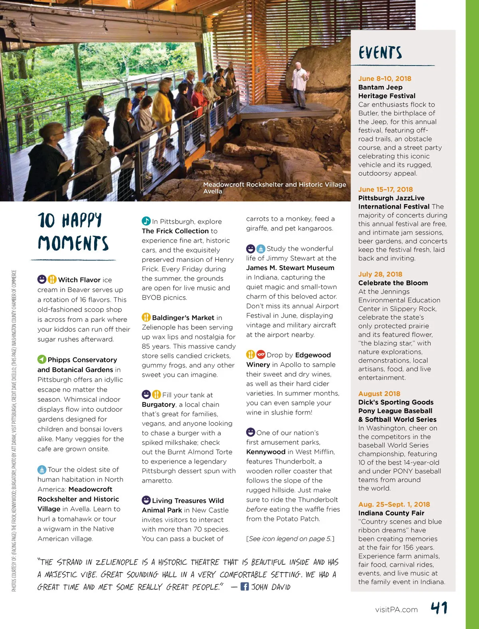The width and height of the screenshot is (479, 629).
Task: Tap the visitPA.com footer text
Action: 396,609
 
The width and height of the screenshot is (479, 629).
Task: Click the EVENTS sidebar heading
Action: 380,53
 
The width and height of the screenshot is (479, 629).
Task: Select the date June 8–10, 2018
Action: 384,79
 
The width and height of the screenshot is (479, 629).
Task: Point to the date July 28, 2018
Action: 380,274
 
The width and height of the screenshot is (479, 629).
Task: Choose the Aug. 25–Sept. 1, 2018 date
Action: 394,504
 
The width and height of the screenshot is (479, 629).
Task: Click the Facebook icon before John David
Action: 245,586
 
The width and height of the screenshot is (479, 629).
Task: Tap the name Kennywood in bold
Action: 265,452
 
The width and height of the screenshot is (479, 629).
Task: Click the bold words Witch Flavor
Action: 79,280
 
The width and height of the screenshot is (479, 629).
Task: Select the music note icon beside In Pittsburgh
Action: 146,221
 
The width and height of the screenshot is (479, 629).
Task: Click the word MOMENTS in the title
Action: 73,243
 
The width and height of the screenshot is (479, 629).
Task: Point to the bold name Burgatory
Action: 158,404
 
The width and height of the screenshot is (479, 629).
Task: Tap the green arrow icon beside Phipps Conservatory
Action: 42,359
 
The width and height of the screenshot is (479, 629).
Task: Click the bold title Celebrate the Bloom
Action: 393,283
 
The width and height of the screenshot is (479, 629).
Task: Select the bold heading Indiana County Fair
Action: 391,513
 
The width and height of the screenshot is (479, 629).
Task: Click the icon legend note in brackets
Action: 290,538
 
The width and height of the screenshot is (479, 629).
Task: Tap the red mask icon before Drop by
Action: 261,354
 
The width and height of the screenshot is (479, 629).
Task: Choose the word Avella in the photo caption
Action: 212,191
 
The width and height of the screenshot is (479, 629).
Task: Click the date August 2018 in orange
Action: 379,393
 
